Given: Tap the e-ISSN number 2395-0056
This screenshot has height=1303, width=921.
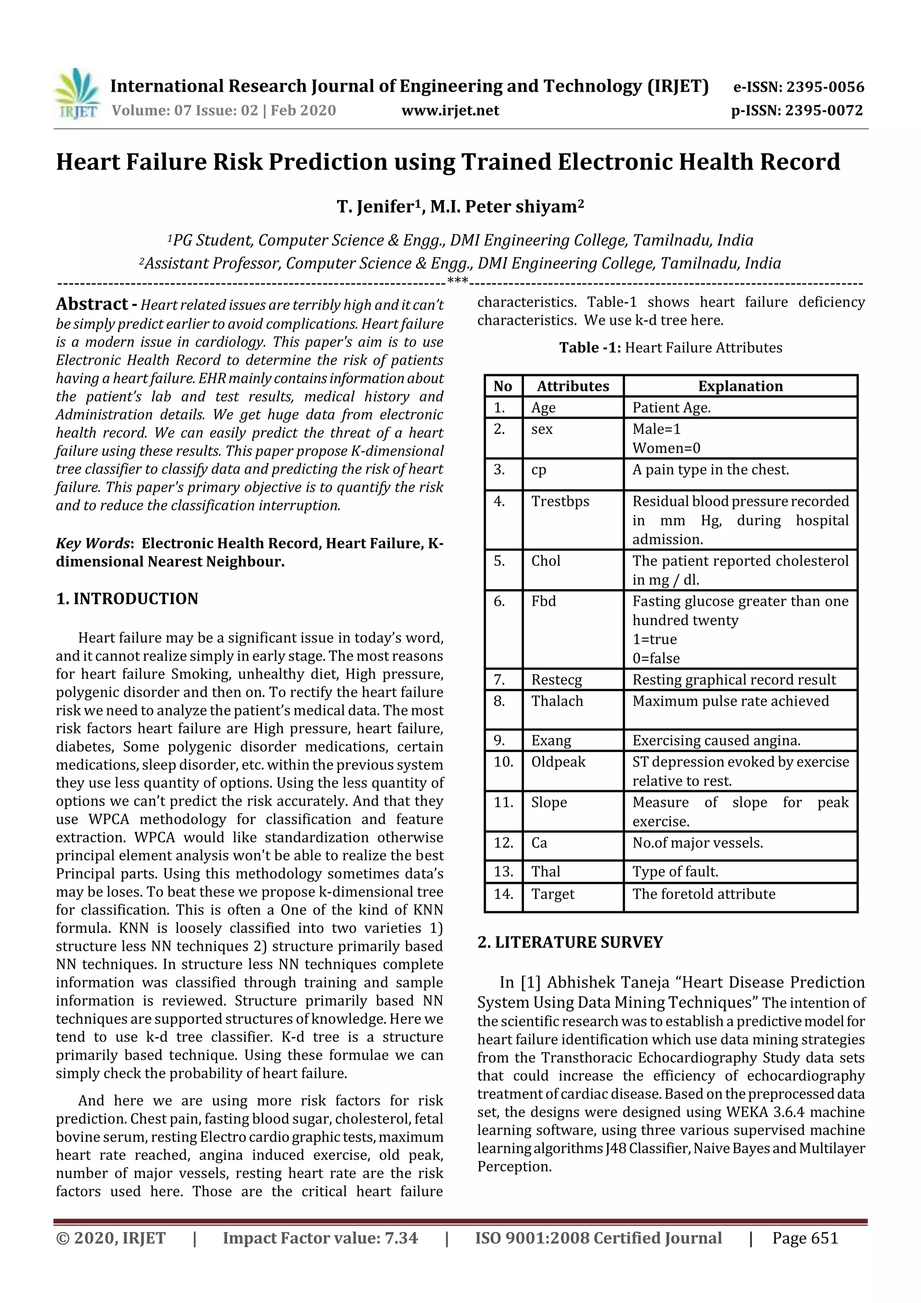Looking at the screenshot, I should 824,87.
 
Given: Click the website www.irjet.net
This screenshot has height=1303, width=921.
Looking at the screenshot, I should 450,110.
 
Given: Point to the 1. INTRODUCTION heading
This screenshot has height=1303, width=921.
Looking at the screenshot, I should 127,599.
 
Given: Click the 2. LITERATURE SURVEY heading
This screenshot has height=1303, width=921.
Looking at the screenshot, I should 570,942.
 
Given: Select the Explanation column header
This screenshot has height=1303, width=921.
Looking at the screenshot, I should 740,386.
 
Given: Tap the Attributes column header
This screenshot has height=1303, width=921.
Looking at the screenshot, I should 572,386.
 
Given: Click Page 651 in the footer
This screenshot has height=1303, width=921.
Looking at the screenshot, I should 805,1238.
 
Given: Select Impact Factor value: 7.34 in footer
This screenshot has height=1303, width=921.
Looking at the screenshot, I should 320,1238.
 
